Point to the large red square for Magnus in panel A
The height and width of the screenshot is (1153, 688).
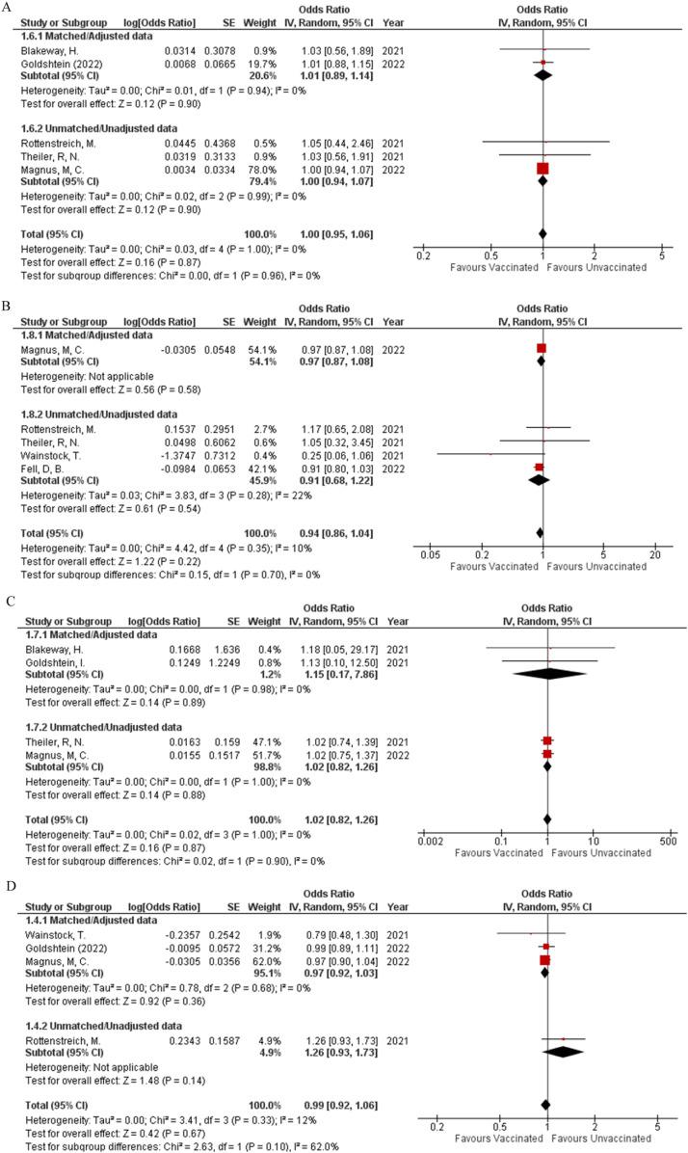[x=542, y=169]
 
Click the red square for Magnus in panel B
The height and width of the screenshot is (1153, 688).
[x=542, y=348]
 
